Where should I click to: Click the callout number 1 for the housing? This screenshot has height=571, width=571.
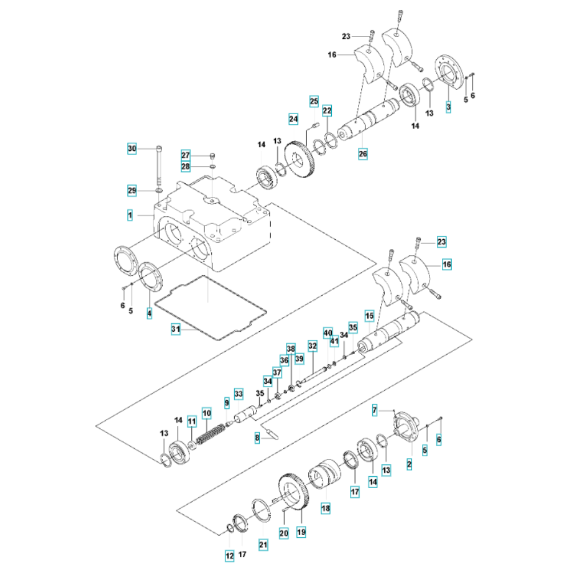tap(130, 215)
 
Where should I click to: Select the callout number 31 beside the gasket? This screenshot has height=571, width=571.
tap(175, 329)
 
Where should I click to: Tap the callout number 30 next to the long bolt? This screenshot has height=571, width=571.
tap(132, 148)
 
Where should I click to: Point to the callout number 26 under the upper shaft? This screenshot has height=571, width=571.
tap(363, 154)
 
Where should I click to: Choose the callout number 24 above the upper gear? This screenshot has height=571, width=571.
tap(293, 119)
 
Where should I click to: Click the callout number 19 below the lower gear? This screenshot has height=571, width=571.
tap(301, 532)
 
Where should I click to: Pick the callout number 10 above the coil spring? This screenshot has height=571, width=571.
tap(207, 413)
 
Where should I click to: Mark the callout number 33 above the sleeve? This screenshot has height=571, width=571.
tap(239, 394)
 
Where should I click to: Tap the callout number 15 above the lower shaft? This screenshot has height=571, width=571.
tap(369, 316)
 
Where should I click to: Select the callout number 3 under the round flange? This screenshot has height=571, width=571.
tap(448, 107)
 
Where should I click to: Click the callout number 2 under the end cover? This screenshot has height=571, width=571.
tap(409, 464)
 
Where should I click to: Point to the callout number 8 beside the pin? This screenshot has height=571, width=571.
tap(257, 438)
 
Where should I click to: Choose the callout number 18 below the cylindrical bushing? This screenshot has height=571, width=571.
tap(325, 508)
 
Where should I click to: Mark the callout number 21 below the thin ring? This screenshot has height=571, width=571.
tap(263, 545)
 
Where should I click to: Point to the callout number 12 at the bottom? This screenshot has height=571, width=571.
tap(230, 556)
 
